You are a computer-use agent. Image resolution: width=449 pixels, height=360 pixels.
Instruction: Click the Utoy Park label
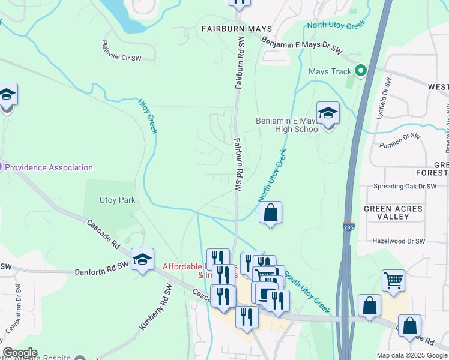tap(118, 200)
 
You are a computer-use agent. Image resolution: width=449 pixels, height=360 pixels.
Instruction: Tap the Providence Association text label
tap(49, 167)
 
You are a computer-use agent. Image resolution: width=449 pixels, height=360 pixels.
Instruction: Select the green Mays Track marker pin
tap(360, 71)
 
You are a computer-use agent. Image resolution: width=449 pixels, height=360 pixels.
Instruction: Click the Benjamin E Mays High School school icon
tap(328, 114)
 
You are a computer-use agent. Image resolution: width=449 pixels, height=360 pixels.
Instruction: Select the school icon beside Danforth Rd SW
tap(142, 260)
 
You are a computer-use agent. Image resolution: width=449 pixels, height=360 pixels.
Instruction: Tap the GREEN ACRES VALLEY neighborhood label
tap(393, 213)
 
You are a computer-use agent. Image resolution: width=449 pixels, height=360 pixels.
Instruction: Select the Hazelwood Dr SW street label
tap(399, 241)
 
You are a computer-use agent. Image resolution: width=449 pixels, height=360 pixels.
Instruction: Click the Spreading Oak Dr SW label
tap(405, 187)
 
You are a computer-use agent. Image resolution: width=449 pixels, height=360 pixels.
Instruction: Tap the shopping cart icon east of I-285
tap(393, 280)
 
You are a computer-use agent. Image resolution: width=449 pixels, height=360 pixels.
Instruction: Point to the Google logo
tap(20, 353)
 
